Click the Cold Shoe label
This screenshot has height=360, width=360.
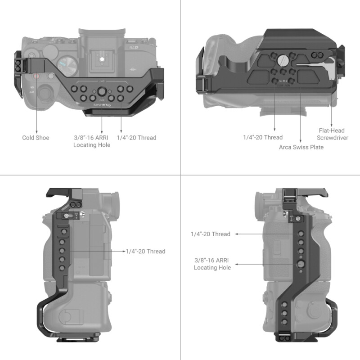36,138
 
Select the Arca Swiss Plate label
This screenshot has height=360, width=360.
301,147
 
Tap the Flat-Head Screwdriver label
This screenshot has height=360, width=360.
332,134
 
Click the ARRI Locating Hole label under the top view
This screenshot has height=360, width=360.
92,141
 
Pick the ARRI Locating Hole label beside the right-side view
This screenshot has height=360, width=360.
212,264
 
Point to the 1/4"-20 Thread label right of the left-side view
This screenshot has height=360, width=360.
145,252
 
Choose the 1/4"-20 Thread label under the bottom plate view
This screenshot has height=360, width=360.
263,137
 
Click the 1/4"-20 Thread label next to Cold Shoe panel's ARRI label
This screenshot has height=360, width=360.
136,138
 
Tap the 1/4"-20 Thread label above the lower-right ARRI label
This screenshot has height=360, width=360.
210,234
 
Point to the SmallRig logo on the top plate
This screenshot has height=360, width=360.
102,105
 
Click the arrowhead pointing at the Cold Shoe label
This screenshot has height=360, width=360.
36,129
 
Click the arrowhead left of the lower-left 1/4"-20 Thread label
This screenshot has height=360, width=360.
122,252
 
